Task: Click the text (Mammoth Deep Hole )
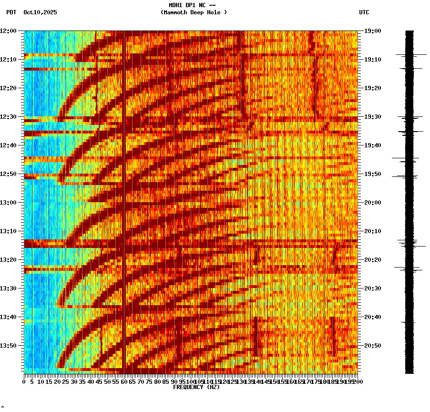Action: (194, 12)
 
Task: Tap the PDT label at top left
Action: (11, 12)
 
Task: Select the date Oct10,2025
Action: (40, 12)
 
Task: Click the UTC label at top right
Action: (364, 12)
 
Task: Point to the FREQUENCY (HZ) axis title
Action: (196, 387)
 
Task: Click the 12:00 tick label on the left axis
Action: (9, 31)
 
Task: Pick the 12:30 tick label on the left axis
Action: (9, 117)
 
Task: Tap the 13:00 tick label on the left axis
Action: (9, 203)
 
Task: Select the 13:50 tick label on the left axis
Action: (9, 346)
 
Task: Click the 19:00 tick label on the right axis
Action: (373, 31)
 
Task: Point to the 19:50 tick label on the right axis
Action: (373, 174)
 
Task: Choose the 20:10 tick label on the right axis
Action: (373, 231)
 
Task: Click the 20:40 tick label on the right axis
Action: (373, 317)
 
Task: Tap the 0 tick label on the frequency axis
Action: (24, 381)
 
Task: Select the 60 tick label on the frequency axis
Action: (124, 381)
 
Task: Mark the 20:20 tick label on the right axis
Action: (373, 260)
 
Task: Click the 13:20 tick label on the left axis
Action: (9, 260)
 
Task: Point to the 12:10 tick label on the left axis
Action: (9, 60)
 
